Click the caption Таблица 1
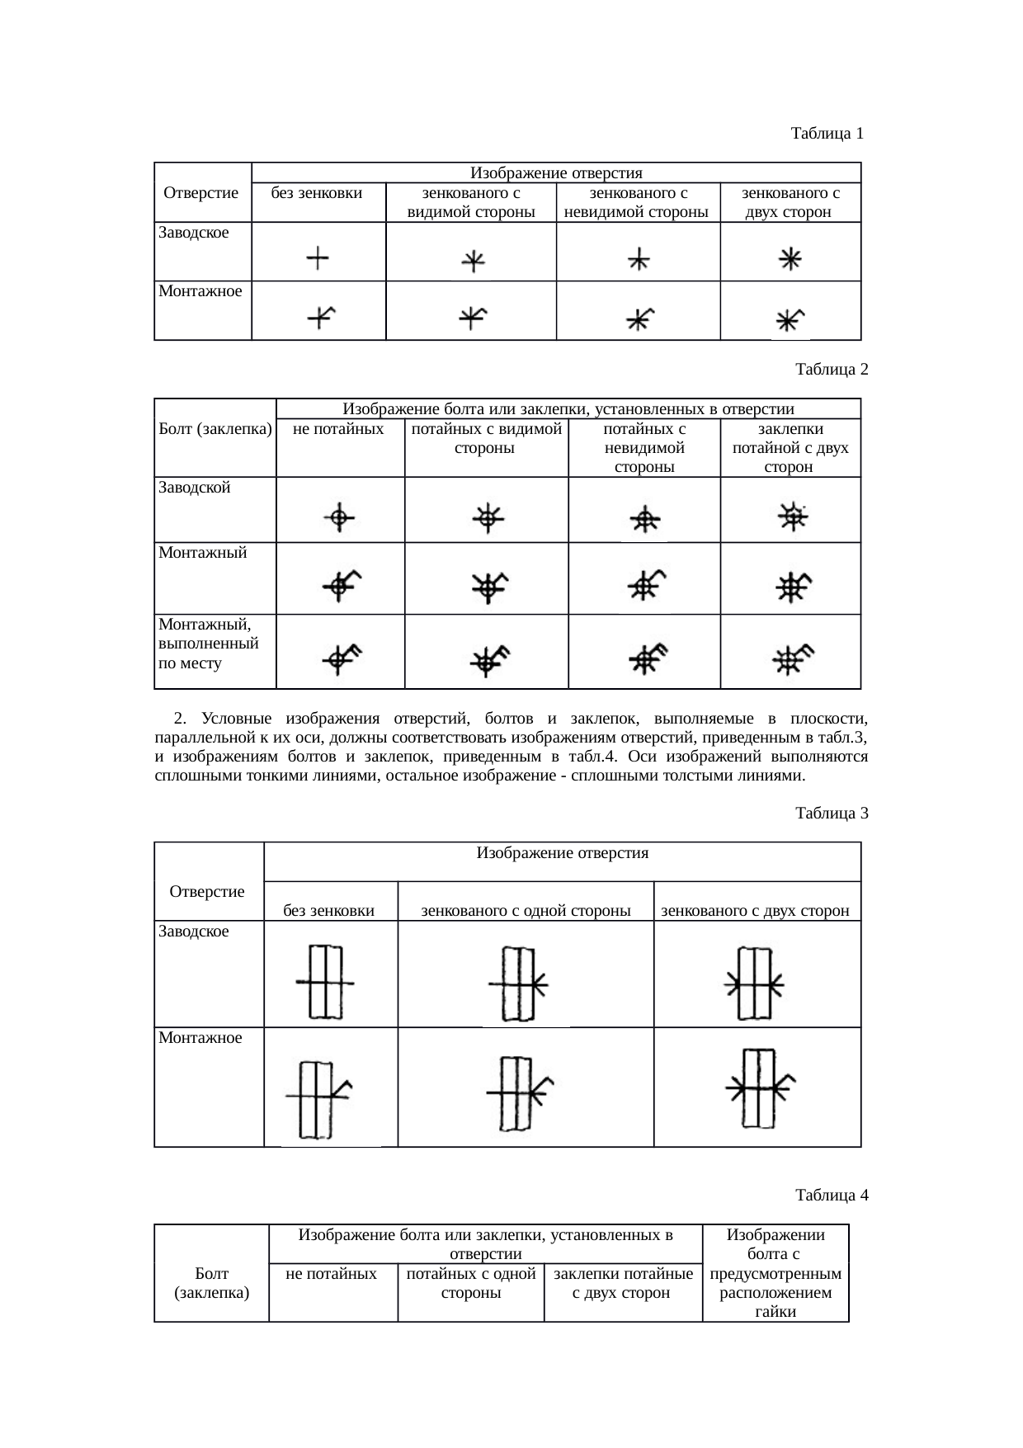(x=827, y=133)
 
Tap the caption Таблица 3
(x=832, y=814)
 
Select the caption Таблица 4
(x=832, y=1195)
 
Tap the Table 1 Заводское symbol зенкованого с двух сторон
(x=790, y=260)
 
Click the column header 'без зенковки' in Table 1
(x=318, y=194)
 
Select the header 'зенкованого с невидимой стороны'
(x=638, y=203)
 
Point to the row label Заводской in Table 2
(x=195, y=488)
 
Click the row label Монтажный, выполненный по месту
(x=209, y=644)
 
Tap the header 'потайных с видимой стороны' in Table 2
(x=486, y=438)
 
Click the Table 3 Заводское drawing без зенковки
(x=326, y=982)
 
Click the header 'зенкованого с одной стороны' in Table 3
(x=526, y=911)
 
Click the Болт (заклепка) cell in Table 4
(x=212, y=1283)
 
